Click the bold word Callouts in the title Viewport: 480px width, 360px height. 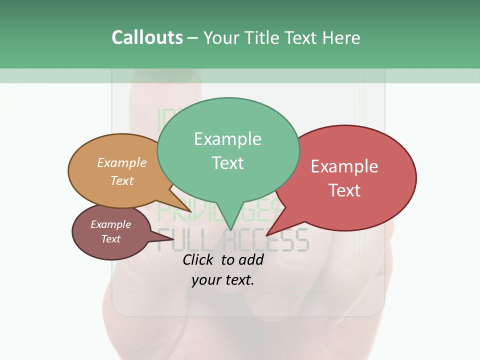click(147, 37)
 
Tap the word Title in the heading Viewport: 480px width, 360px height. click(264, 37)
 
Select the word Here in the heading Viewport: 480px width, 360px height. click(342, 37)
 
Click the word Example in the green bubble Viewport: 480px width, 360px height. click(227, 138)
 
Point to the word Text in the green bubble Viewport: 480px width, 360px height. click(227, 162)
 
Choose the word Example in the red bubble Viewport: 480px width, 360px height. click(344, 166)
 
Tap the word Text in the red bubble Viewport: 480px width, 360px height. click(344, 190)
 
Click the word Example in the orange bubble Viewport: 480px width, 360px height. click(122, 162)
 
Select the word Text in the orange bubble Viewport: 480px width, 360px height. click(122, 180)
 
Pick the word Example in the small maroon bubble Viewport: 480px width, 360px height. click(110, 224)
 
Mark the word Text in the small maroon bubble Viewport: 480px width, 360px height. click(110, 239)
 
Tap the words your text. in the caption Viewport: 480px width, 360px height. click(223, 280)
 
